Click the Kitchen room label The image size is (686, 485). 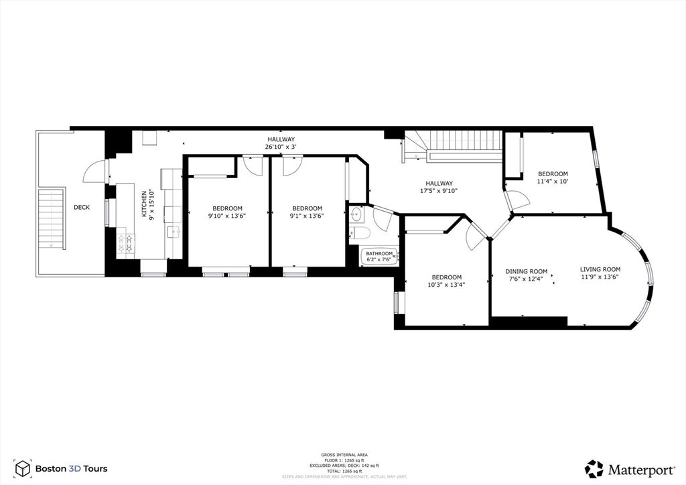coord(143,203)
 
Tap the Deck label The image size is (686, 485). coord(82,208)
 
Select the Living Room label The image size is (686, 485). coord(600,269)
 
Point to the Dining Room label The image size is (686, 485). coord(526,271)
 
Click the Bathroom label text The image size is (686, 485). coord(379,253)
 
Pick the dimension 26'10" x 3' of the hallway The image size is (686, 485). coord(280,147)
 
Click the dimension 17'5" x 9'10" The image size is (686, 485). coord(439,191)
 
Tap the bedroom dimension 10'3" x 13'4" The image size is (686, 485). coord(446,285)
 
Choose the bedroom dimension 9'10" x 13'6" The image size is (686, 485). coord(227,216)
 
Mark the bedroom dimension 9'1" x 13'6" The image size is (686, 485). coord(307,216)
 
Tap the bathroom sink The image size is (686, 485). coord(356,214)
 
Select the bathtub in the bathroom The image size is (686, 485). coord(380,257)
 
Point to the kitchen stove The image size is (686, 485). coord(126,242)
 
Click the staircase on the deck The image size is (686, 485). coord(52,219)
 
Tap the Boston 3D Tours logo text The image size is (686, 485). coord(70,469)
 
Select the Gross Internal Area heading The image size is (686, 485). coord(343,455)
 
